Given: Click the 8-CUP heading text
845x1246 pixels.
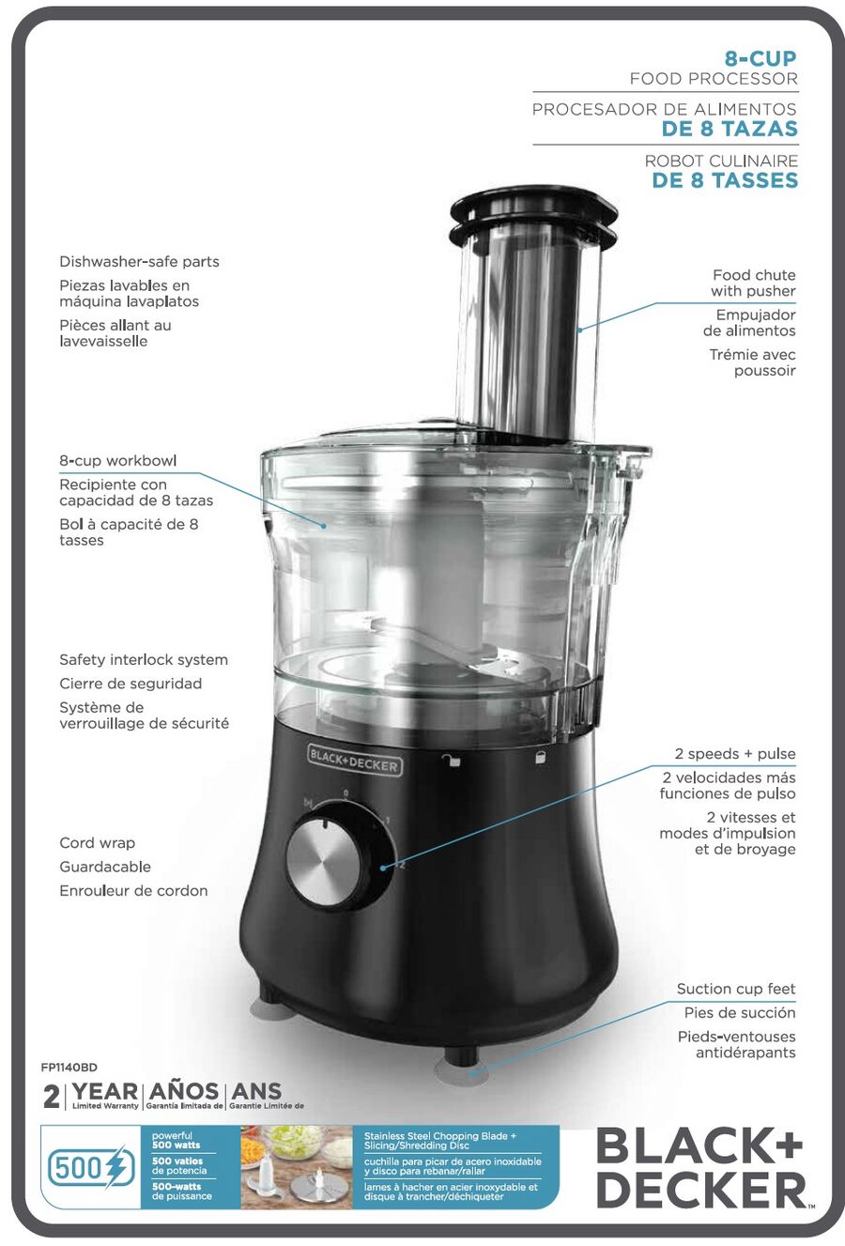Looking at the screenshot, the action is pos(760,58).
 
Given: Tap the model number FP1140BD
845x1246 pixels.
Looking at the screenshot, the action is pos(69,1068).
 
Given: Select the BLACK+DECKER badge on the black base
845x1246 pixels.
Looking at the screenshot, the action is pos(354,761).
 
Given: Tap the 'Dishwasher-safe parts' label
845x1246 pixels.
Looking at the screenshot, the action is pos(139,261).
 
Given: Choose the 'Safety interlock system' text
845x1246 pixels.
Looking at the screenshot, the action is pos(144,660).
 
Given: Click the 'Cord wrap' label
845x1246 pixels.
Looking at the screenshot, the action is pos(97,843).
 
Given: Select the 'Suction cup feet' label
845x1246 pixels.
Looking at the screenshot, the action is pos(736,989).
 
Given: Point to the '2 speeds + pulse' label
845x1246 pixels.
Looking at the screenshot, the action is pos(735,754).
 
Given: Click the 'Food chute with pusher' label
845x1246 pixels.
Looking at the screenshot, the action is pos(753,283).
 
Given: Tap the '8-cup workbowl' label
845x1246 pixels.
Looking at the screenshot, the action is pos(118,461).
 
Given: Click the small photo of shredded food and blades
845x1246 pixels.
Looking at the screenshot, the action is pos(297,1166).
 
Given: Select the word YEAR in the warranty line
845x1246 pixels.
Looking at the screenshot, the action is pos(105,1091).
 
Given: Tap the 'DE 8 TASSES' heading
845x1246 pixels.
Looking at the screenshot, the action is pos(725,180).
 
